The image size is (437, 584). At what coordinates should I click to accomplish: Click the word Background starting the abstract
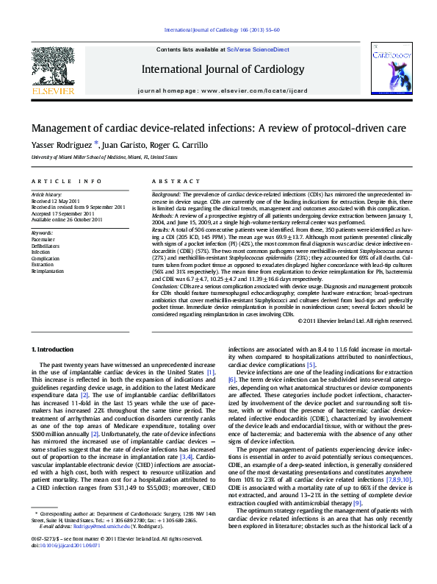[166, 194]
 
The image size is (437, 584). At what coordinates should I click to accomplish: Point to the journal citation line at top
[231, 29]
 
